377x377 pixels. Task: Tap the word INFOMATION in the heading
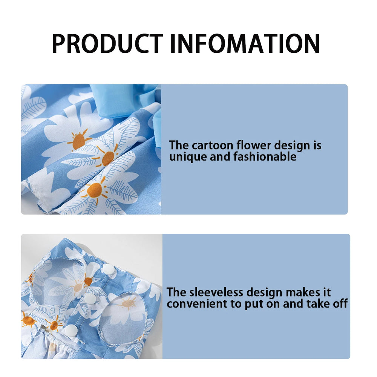[x=245, y=44]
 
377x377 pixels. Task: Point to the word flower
[x=254, y=146]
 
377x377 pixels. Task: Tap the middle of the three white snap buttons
[x=90, y=299]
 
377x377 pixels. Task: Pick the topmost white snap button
[x=109, y=269]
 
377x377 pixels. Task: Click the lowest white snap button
[x=70, y=330]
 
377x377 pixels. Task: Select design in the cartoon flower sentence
[x=294, y=146]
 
